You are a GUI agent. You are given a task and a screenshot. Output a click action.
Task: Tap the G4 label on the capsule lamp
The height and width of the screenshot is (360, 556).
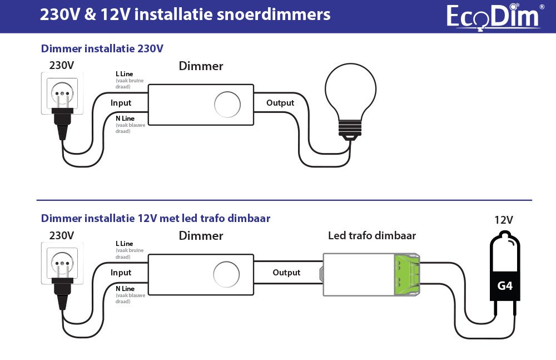pyautogui.click(x=504, y=287)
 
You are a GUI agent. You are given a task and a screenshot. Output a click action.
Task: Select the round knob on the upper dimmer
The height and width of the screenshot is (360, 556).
pyautogui.click(x=227, y=103)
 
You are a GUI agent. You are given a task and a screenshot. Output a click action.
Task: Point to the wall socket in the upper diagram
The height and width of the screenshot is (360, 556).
pyautogui.click(x=62, y=93)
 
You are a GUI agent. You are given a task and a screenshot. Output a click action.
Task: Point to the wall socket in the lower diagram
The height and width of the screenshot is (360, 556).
pyautogui.click(x=62, y=263)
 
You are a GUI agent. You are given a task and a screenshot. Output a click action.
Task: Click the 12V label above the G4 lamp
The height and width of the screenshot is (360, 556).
pyautogui.click(x=504, y=220)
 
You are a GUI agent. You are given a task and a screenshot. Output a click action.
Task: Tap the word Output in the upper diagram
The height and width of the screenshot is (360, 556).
pyautogui.click(x=280, y=103)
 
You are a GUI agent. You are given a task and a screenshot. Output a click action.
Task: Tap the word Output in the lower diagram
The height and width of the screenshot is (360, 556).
pyautogui.click(x=286, y=273)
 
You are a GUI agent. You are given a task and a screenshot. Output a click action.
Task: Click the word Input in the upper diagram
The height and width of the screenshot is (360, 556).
pyautogui.click(x=121, y=103)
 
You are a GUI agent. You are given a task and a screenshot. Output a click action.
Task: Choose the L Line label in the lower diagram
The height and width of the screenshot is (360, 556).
pyautogui.click(x=125, y=244)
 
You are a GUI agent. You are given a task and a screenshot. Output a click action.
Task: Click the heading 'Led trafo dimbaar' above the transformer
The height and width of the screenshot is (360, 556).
pyautogui.click(x=372, y=236)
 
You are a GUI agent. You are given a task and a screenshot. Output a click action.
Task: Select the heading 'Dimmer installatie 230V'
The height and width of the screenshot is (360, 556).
pyautogui.click(x=102, y=48)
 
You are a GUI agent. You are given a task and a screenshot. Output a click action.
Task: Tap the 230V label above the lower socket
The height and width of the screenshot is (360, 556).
pyautogui.click(x=62, y=235)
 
